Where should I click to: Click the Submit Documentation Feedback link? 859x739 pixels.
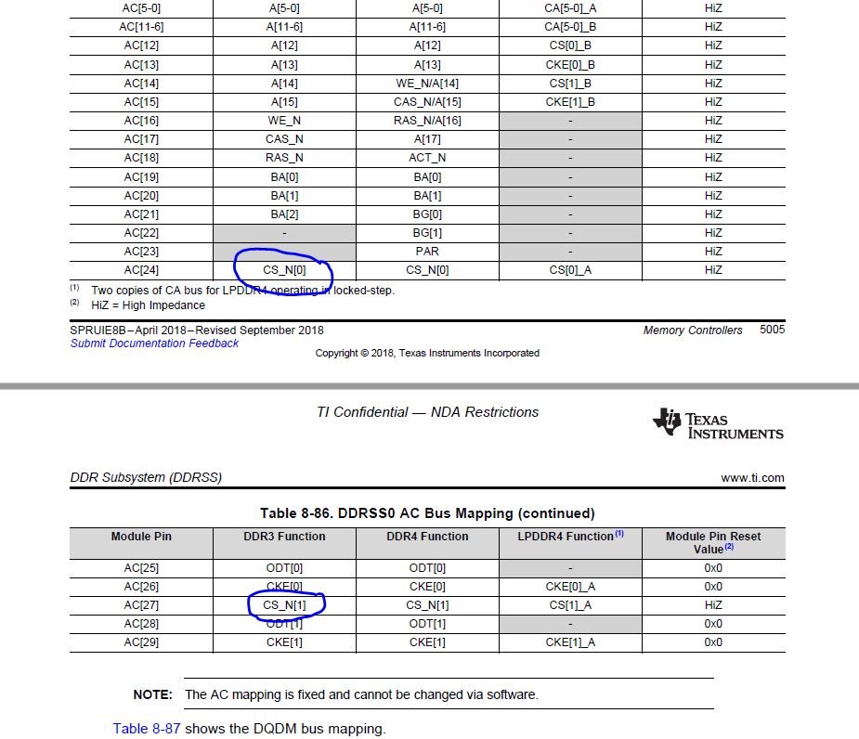coord(154,344)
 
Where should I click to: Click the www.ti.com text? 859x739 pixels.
coord(752,478)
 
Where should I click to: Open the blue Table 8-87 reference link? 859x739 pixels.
coord(147,729)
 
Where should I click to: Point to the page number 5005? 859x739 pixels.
coord(772,330)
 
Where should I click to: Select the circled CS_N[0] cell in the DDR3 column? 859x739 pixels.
coord(283,270)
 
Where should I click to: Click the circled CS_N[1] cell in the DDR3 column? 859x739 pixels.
coord(284,605)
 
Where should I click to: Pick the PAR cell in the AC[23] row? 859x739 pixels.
coord(427,252)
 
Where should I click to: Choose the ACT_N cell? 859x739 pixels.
coord(427,158)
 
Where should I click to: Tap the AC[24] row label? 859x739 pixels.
coord(141,270)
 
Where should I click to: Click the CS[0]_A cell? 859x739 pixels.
coord(569,270)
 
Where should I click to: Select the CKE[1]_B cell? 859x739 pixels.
coord(569,101)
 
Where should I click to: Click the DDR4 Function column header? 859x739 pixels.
coord(427,537)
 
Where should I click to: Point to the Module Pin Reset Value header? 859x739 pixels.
coord(712,542)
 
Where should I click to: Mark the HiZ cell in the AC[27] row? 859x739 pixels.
coord(712,605)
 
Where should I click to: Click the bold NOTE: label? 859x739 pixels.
coord(152,694)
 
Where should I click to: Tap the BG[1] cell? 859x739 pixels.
coord(427,233)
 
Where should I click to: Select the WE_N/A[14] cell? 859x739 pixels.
coord(427,84)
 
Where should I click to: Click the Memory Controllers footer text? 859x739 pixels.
coord(692,330)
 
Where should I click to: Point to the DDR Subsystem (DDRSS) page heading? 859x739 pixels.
coord(146,478)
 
